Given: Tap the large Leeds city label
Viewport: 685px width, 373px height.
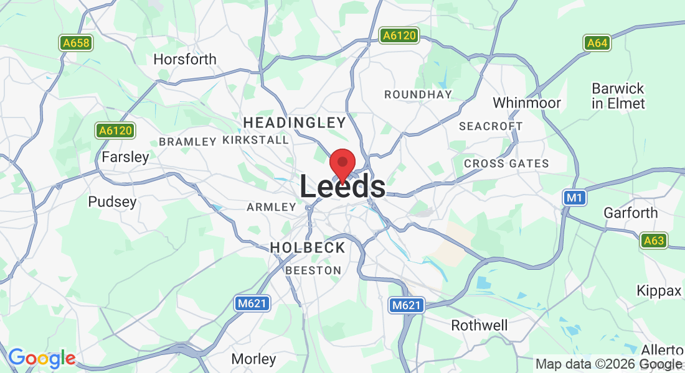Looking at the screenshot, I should point(342,187).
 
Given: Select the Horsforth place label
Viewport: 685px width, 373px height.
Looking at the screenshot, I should point(185,60).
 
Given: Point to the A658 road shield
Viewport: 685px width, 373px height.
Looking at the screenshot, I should point(76,43).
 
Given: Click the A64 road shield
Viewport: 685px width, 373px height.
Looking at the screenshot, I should point(597,43).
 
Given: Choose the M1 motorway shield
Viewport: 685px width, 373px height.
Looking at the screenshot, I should point(574,198).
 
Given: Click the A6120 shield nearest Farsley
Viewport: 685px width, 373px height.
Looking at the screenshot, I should point(115,131).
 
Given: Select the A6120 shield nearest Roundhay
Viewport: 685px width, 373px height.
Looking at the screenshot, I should point(399,36).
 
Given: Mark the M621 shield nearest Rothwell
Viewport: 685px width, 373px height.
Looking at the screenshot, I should point(407,305).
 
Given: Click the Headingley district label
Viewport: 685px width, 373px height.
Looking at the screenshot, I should point(295,122).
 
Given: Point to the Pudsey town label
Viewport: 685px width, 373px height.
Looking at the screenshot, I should point(112,202).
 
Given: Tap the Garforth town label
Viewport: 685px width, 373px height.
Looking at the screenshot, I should point(630,213).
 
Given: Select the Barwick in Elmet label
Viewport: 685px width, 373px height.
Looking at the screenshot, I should point(618,96).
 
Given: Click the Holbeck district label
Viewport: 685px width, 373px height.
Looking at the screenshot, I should point(308,247).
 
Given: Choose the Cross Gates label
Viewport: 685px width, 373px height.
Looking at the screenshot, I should point(506,164).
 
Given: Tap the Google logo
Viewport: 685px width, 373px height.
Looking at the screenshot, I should point(41,358).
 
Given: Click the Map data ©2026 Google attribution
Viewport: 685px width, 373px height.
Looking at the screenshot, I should point(608,364).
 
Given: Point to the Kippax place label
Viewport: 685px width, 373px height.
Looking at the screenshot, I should point(659,290).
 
